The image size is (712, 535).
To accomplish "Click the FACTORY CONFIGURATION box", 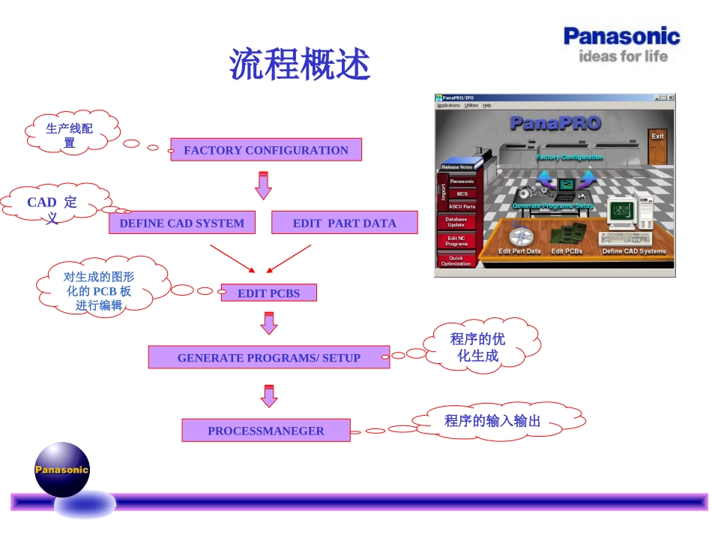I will [266, 150].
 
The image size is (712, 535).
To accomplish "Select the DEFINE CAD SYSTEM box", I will [181, 223].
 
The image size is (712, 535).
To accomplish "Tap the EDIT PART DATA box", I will [344, 223].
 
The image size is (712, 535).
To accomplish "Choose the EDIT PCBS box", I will [268, 293].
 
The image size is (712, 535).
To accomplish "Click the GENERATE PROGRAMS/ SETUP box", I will [268, 358].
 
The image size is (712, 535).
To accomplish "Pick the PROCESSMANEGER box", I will [266, 431].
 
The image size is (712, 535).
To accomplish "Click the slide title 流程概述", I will [300, 65].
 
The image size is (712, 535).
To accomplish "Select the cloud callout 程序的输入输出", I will [492, 421].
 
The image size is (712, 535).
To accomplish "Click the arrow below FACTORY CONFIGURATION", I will [263, 185].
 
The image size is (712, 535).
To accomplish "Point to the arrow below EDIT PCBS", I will [268, 322].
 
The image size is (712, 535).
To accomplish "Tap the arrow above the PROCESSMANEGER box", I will [268, 395].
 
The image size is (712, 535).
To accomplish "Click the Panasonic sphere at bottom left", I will [62, 470].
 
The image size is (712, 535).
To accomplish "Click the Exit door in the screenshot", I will [657, 146].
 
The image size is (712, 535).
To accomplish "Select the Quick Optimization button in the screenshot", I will [456, 261].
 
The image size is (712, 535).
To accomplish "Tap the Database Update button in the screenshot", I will [456, 222].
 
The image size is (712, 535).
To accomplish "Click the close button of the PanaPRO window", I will [671, 98].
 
